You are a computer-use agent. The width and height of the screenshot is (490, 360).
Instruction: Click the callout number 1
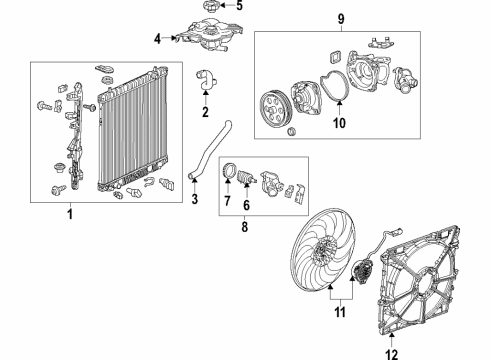coord(69,213)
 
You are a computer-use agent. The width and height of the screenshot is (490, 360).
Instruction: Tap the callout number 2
coord(205,112)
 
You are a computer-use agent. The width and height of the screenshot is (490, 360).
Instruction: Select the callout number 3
coord(194,196)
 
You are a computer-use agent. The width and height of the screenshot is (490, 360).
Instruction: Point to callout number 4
coord(157,40)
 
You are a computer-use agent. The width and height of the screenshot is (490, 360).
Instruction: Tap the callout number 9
coord(341,19)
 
